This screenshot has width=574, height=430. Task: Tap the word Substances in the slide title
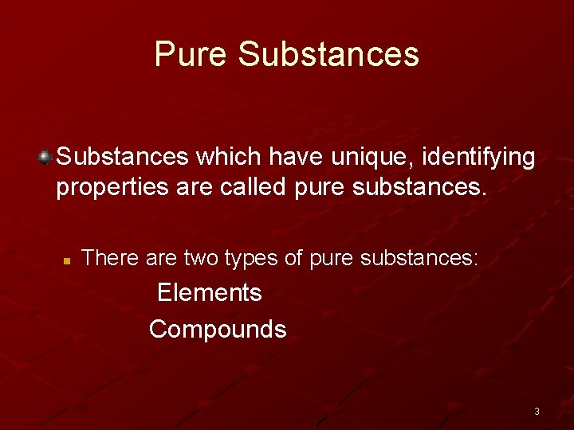coord(328,54)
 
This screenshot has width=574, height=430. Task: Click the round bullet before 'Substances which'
coord(46,155)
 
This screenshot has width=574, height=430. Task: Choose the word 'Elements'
coord(209,293)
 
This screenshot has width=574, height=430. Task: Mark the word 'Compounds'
coord(218,330)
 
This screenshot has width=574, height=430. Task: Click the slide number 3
coord(537,412)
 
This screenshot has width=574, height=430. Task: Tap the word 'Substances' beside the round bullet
coord(122,158)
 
